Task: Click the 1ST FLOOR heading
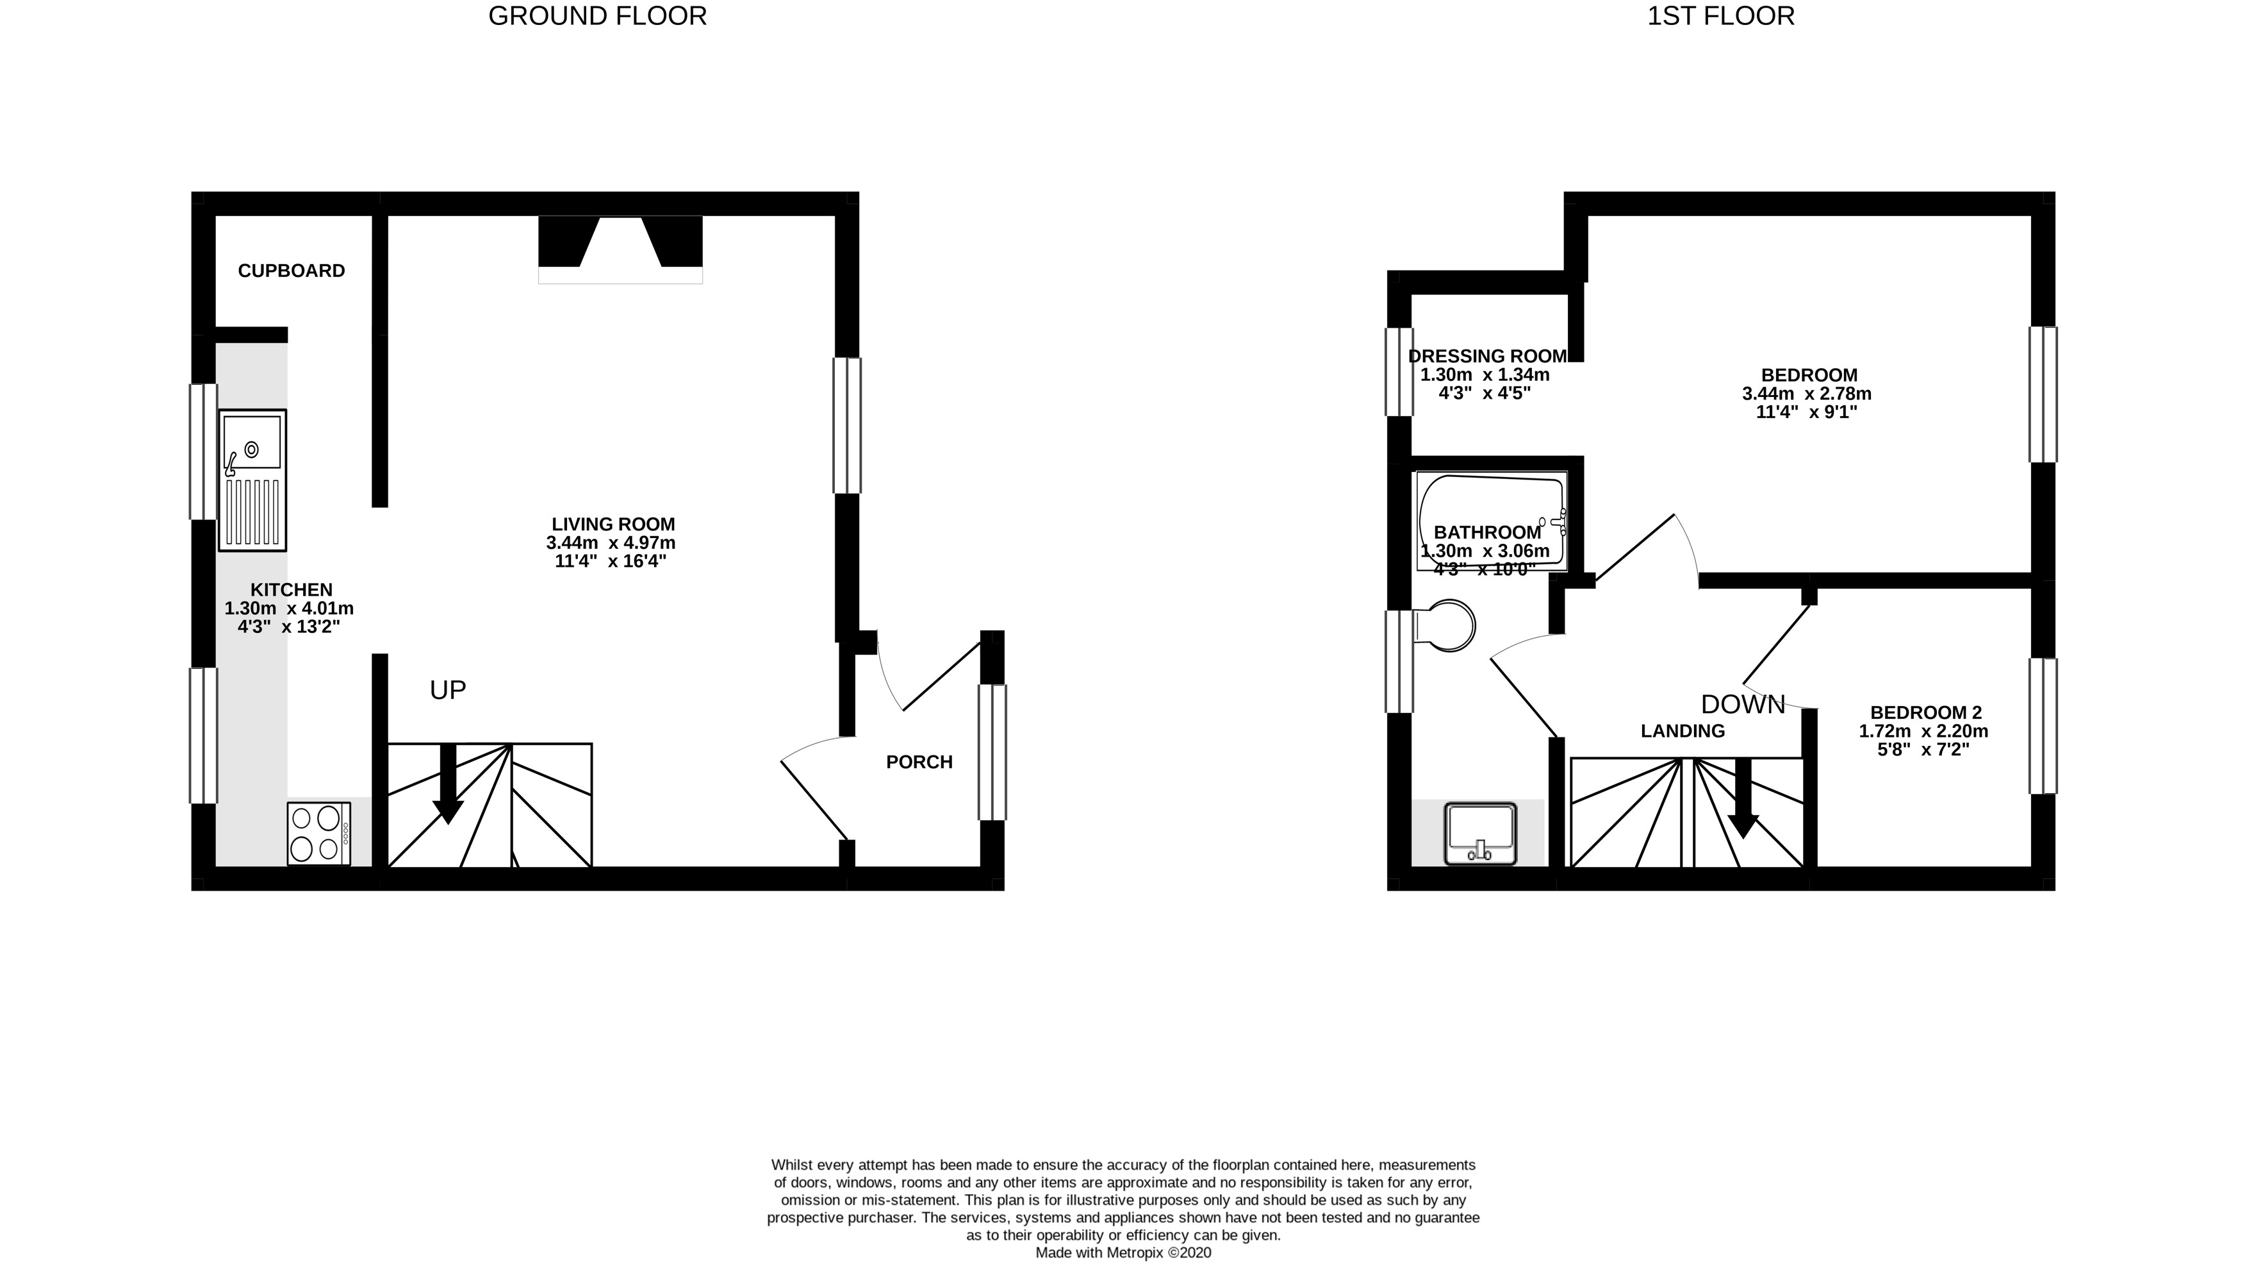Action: pos(1720,15)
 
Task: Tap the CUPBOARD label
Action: pos(292,271)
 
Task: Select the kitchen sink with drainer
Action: pos(252,480)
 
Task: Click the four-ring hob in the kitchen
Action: pos(318,834)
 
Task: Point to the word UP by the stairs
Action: pos(447,691)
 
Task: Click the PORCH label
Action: pos(919,762)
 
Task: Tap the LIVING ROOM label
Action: pos(613,524)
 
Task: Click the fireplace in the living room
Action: pos(620,249)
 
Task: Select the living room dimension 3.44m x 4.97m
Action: pos(611,542)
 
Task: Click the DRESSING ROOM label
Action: pos(1487,356)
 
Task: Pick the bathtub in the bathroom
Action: pos(1492,521)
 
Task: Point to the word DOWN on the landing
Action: pos(1743,704)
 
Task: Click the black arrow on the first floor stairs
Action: pos(1743,798)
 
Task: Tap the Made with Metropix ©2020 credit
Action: pos(1123,1252)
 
